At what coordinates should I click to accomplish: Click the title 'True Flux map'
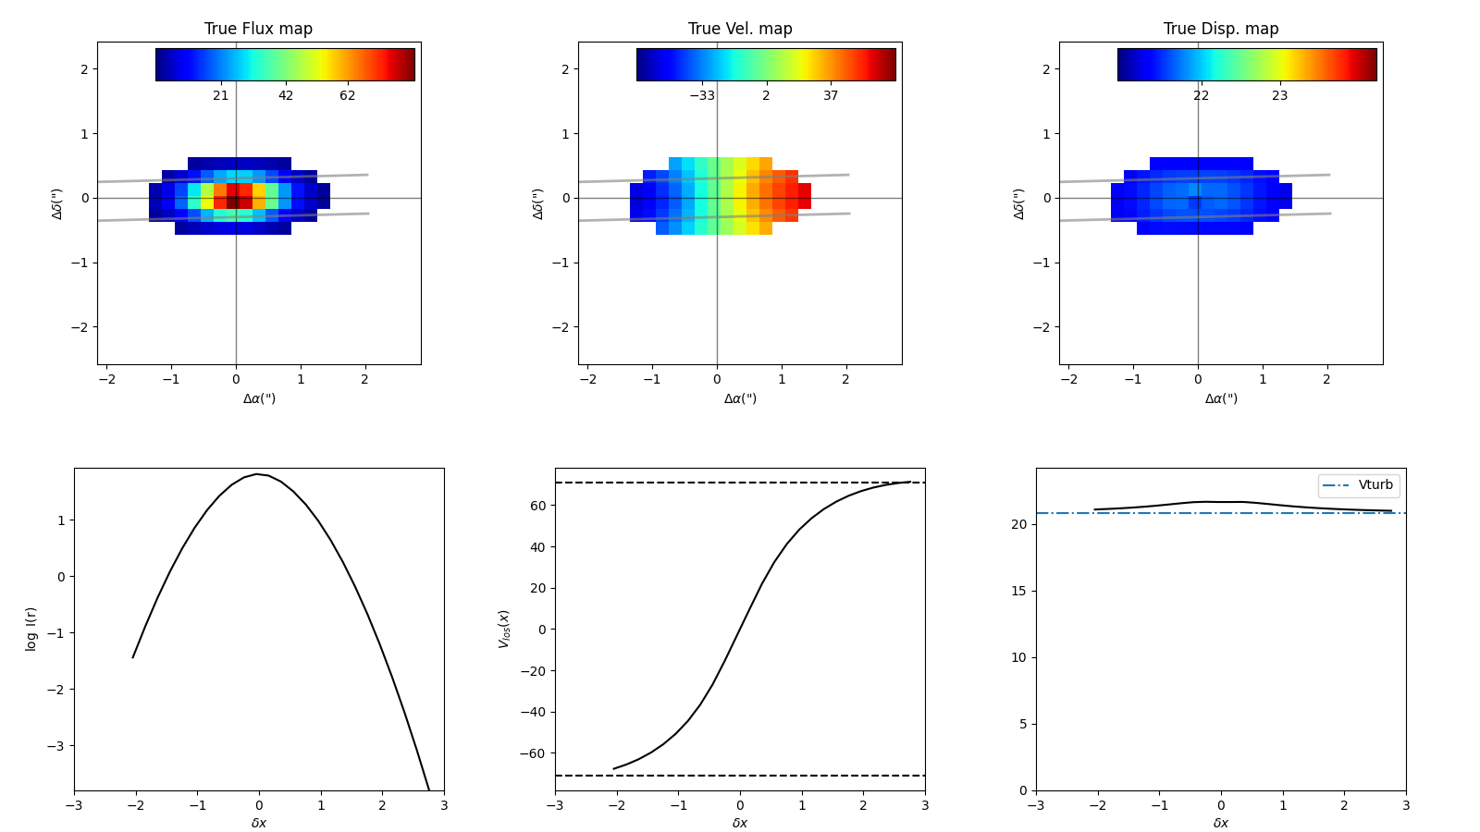[x=258, y=29]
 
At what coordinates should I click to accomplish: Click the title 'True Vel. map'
[x=740, y=29]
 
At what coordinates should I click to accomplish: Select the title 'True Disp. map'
[x=1221, y=29]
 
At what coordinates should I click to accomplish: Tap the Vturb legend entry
[x=1358, y=485]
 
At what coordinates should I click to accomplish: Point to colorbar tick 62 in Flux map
[x=347, y=95]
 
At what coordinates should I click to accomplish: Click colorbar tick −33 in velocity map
[x=702, y=95]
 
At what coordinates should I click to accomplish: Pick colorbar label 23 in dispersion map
[x=1279, y=95]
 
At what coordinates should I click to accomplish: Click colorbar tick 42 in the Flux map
[x=286, y=95]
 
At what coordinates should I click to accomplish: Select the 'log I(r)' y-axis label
[x=31, y=629]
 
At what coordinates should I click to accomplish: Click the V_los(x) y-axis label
[x=504, y=629]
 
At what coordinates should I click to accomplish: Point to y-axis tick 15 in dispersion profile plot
[x=1019, y=591]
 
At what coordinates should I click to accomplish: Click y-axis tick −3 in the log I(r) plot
[x=57, y=746]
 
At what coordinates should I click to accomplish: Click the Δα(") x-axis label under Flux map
[x=259, y=398]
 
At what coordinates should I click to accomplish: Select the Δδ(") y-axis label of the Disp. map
[x=1019, y=203]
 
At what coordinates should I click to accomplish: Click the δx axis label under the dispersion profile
[x=1221, y=823]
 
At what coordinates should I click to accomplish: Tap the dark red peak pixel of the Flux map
[x=233, y=202]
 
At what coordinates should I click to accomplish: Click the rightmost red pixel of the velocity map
[x=805, y=196]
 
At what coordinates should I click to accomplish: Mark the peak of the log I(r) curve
[x=259, y=474]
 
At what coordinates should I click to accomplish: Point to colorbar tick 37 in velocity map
[x=831, y=95]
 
